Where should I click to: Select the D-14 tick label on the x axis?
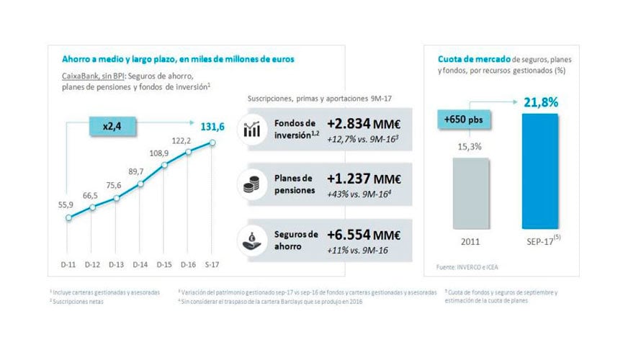(x=140, y=264)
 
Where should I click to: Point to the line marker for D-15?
(x=164, y=166)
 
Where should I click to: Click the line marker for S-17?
(x=213, y=142)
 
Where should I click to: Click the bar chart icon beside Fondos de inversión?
(x=253, y=130)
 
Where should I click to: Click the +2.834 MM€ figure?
(x=364, y=120)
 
